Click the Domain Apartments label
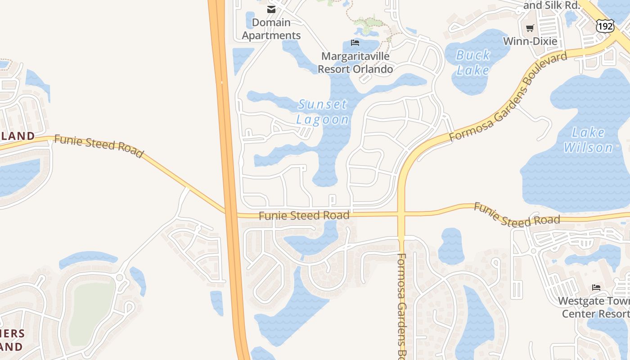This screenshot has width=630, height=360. [271, 29]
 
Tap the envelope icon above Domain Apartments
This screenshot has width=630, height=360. [271, 9]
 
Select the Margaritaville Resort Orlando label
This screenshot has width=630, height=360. [355, 63]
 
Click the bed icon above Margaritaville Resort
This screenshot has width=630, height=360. [355, 43]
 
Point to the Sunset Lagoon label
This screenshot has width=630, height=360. [323, 112]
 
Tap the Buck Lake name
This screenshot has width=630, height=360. [473, 63]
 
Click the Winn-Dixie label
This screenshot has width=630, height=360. [530, 41]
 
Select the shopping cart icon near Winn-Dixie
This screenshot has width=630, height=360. [530, 28]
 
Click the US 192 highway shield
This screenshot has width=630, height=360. [605, 26]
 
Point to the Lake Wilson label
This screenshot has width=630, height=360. [588, 140]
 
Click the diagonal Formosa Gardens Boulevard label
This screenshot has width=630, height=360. [508, 97]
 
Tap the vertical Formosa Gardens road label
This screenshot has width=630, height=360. [402, 306]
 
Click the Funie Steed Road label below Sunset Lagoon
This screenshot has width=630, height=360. [304, 216]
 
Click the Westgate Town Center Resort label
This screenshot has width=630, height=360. [594, 307]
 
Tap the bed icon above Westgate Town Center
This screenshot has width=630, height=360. [596, 287]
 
